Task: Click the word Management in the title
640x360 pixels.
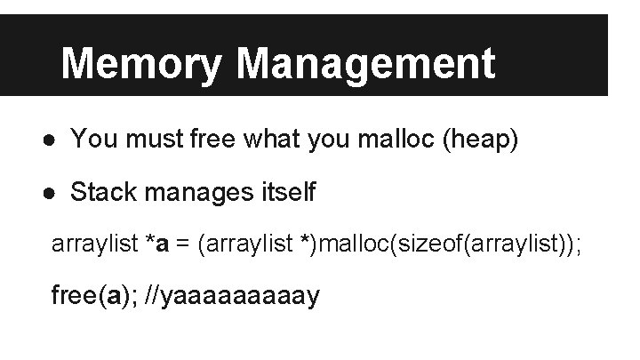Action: pos(366,64)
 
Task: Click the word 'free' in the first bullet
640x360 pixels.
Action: pos(209,139)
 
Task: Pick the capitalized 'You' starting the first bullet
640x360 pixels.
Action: pos(90,139)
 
